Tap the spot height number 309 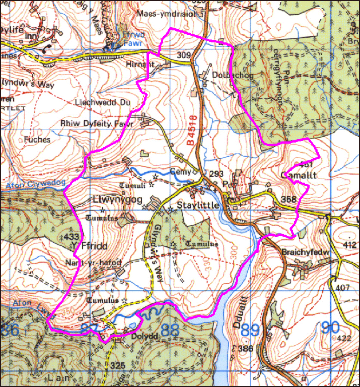[183, 56]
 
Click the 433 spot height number [72, 236]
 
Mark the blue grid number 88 [171, 331]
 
